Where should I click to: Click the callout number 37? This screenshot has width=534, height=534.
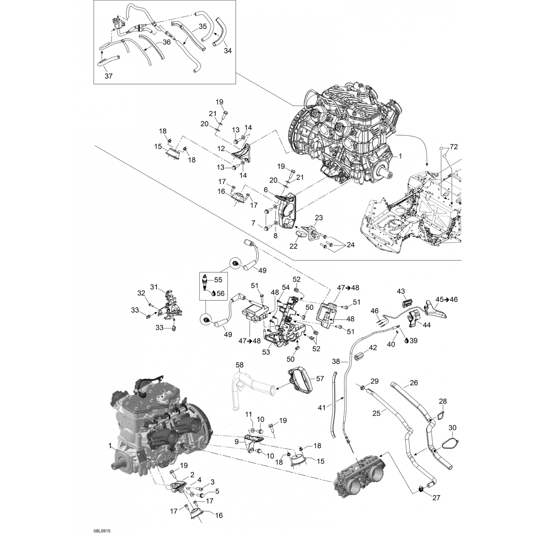coord(109,76)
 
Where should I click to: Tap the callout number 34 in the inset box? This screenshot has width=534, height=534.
coord(227,51)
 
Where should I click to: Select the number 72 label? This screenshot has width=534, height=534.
coord(454,147)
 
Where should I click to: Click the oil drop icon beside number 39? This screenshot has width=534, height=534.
coord(407,340)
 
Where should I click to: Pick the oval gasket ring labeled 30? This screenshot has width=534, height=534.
coord(451,444)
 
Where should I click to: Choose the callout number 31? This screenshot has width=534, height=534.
coord(153,287)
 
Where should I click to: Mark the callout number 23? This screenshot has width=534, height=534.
coord(319,218)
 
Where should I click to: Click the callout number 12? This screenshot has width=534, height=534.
coord(221,149)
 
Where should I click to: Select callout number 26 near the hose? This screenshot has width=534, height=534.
coord(414,383)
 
